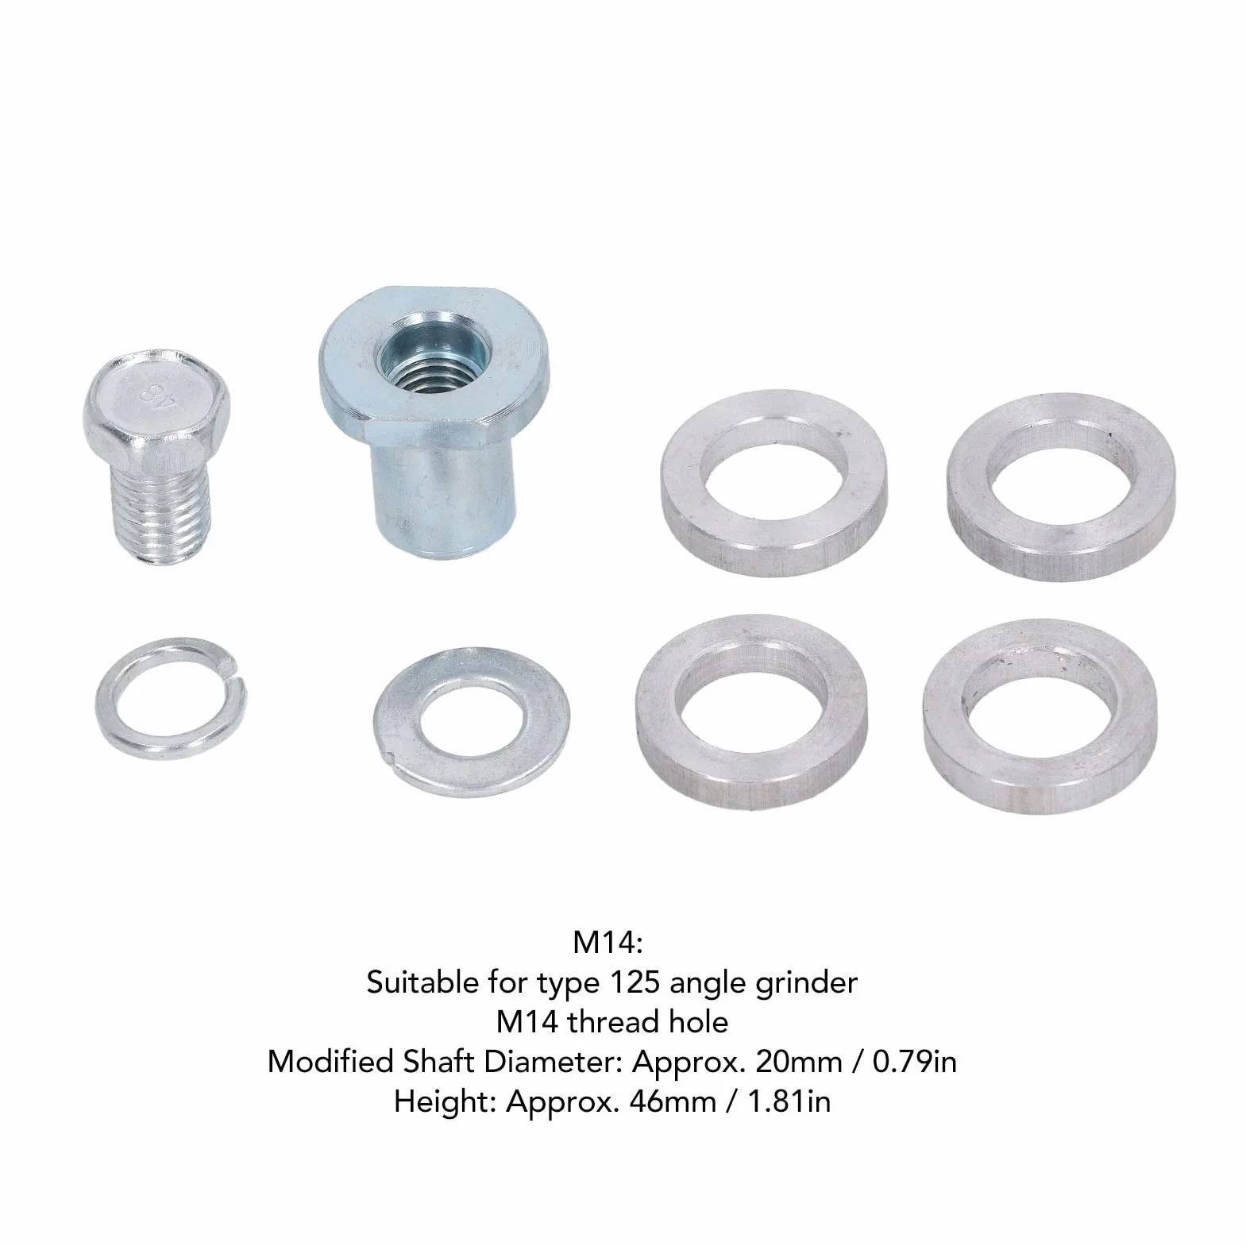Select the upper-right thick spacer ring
click(x=1062, y=484)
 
